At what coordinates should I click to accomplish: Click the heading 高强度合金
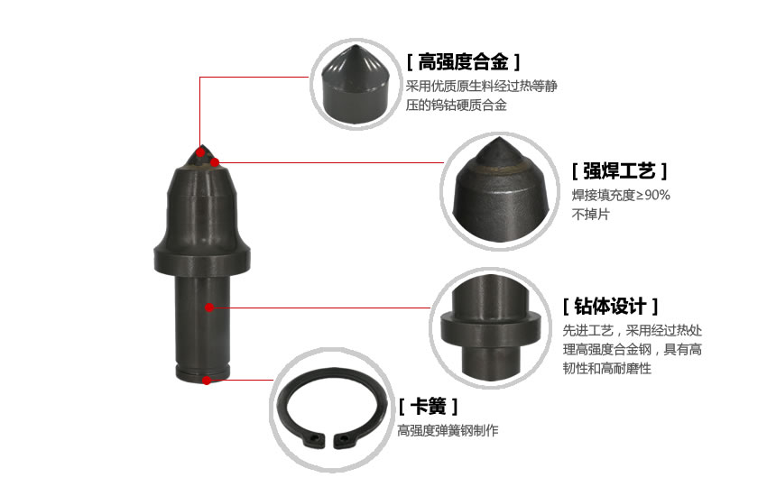tap(463, 62)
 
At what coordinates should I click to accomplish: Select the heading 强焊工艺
tap(620, 171)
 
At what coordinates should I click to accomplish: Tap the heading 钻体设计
tap(610, 305)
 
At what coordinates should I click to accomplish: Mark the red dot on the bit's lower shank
tap(209, 308)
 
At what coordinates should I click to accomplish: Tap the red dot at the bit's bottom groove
tap(207, 380)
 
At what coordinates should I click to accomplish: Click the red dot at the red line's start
tap(215, 162)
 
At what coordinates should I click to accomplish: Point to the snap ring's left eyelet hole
tap(314, 439)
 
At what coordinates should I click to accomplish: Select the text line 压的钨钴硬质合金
tap(456, 106)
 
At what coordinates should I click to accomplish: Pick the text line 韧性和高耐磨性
tap(606, 369)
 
